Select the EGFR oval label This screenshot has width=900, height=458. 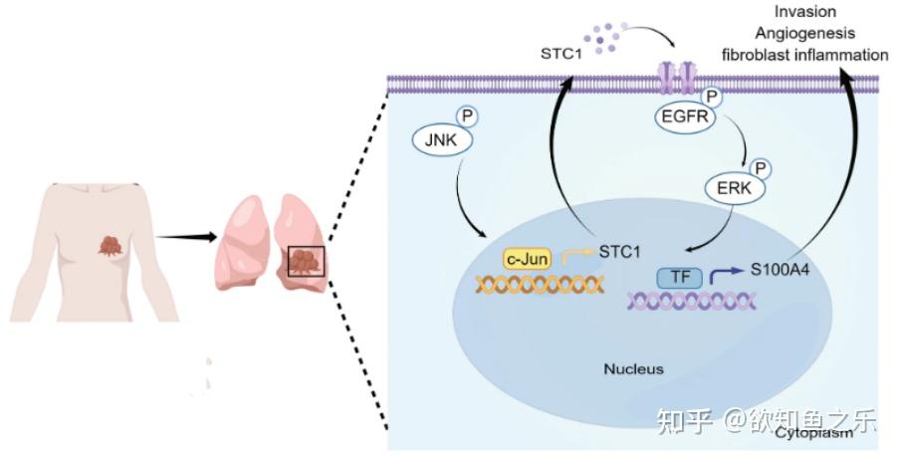coord(685,117)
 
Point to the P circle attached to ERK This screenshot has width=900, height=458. coord(759,165)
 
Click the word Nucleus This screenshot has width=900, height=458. coord(633,368)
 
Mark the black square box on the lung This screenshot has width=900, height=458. coord(305,261)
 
